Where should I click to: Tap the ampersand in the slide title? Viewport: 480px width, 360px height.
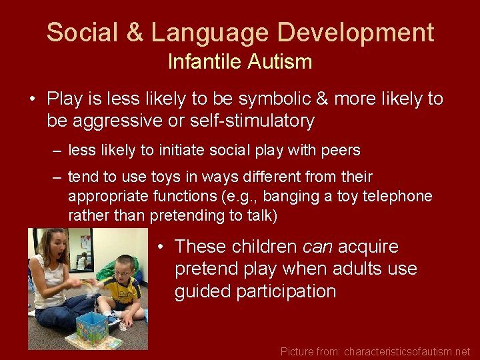tap(138, 32)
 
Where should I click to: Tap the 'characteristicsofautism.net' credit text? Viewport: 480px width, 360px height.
tap(407, 351)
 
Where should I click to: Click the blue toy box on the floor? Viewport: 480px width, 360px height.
tap(91, 327)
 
